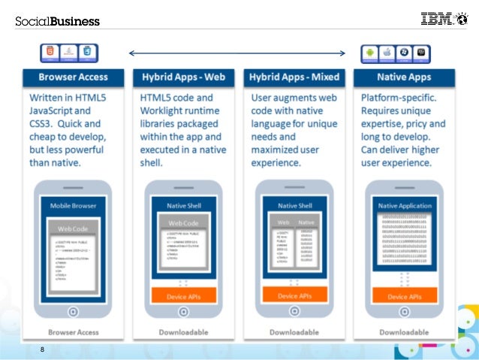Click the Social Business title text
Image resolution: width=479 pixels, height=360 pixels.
(57, 21)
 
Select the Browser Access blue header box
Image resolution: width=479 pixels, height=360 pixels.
(73, 77)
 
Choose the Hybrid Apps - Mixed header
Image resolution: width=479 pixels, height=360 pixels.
(293, 77)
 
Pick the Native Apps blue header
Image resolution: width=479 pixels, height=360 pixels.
(404, 77)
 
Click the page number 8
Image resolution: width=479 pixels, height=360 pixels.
(43, 349)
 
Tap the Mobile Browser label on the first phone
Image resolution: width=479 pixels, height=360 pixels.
(72, 205)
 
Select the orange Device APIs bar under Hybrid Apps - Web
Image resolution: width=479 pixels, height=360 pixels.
(182, 297)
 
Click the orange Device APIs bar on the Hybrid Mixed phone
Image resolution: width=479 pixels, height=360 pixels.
(294, 296)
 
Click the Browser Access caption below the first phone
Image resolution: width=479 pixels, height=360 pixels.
(73, 331)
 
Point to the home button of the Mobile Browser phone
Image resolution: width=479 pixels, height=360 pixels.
(73, 310)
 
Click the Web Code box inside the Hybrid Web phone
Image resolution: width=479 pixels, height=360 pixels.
(182, 223)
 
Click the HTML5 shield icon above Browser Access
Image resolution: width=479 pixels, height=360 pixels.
(50, 52)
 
